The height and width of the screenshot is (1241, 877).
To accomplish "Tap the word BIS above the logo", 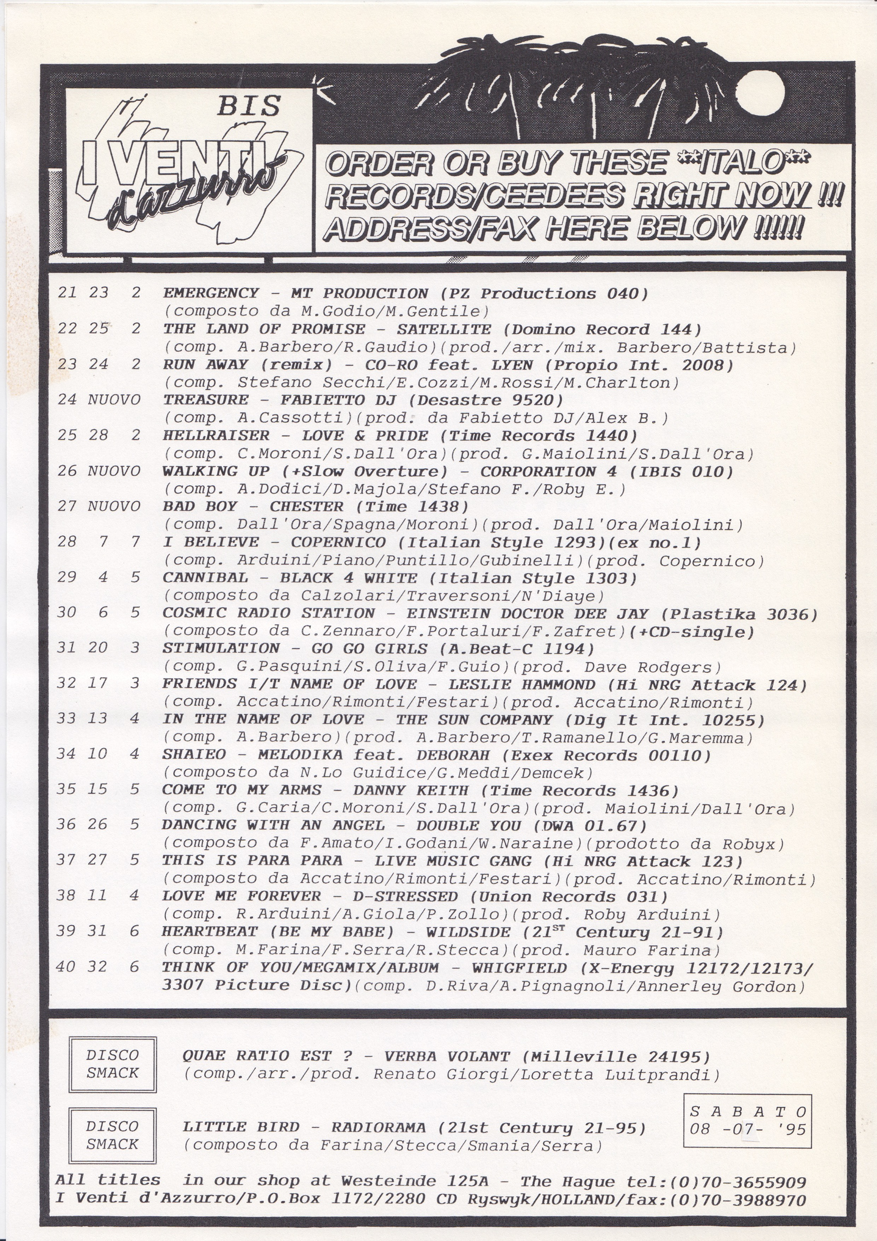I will [x=248, y=106].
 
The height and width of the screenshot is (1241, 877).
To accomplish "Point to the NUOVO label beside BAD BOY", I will [x=114, y=506].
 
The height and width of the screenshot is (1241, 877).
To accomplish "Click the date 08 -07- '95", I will [x=747, y=1129].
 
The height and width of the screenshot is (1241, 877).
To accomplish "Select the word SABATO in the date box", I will [x=748, y=1112].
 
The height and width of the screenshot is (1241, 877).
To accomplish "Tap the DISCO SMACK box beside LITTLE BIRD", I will [x=112, y=1135].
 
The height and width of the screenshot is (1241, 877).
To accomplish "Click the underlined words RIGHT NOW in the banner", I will [x=721, y=195].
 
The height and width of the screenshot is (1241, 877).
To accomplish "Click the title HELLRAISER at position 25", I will [x=216, y=435].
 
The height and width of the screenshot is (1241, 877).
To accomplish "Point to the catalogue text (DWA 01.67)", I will [x=590, y=826].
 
